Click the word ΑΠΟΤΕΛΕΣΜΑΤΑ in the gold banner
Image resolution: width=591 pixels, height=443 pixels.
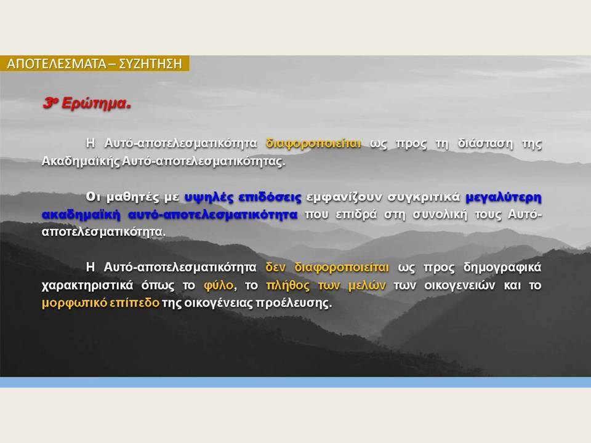(x=57, y=63)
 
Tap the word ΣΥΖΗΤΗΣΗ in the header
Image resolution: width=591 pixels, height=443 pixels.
(x=150, y=63)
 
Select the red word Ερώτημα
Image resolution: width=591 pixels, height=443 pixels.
(x=96, y=103)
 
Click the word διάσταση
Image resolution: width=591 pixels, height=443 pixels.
(x=486, y=143)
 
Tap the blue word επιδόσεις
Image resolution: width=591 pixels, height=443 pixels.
(x=270, y=197)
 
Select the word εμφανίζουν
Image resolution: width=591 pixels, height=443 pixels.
(x=344, y=197)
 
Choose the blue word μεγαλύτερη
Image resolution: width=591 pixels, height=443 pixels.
(x=504, y=197)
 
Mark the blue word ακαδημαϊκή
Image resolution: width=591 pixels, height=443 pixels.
(x=81, y=215)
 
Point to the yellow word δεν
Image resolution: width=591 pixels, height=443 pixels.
(x=275, y=267)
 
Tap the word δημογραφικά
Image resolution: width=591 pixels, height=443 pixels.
(x=502, y=267)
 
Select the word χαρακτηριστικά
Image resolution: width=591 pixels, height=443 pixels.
(x=87, y=285)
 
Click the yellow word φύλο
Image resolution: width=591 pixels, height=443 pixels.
(x=219, y=285)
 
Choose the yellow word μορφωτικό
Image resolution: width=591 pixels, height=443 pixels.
(x=74, y=303)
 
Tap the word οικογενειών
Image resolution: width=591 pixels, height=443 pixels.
(x=459, y=285)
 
